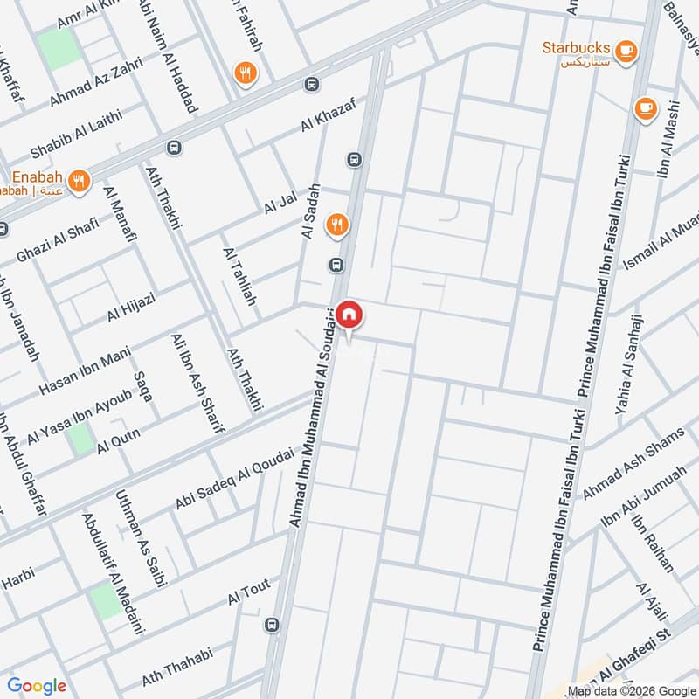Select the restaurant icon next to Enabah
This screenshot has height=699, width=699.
tap(80, 181)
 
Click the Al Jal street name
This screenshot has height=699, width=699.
tap(280, 204)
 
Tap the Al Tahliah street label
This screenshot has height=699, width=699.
tap(240, 276)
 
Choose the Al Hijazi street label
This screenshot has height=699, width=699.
tap(131, 307)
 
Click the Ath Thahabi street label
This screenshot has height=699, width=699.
tap(176, 667)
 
